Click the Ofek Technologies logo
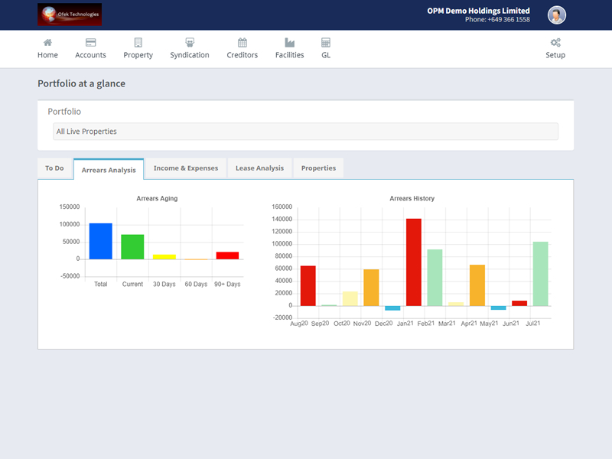(x=70, y=15)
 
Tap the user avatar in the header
(x=557, y=15)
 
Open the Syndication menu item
(x=190, y=48)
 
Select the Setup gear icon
(x=555, y=43)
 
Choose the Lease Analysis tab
(x=259, y=168)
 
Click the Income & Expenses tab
(x=186, y=168)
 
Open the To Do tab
(x=54, y=168)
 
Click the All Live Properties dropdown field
(x=305, y=132)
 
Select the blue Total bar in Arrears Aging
(x=101, y=241)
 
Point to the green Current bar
(x=132, y=246)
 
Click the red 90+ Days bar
(x=227, y=256)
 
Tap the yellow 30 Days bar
(x=164, y=257)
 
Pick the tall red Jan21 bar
(x=414, y=262)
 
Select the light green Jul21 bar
(x=541, y=274)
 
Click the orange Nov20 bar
(x=371, y=288)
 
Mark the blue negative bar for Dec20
(x=392, y=308)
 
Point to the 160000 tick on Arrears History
(x=282, y=207)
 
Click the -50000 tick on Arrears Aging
(x=70, y=276)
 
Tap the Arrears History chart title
(x=412, y=198)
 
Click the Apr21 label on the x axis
(x=469, y=324)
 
